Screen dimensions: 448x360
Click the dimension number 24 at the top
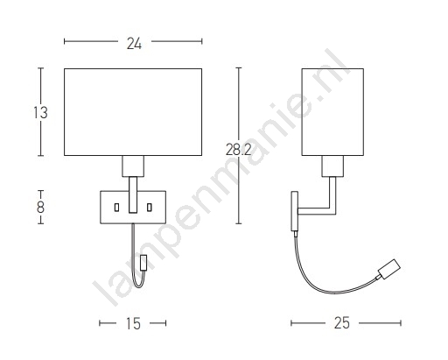(x=134, y=44)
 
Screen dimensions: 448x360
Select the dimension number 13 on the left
(x=40, y=113)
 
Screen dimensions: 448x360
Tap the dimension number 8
(x=40, y=208)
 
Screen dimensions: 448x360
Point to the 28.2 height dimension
(x=238, y=150)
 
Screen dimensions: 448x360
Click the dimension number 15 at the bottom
(x=133, y=323)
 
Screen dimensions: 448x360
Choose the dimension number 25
(x=341, y=323)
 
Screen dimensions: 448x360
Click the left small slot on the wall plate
(x=116, y=208)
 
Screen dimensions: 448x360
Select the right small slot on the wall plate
(x=150, y=208)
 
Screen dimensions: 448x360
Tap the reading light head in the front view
(x=143, y=263)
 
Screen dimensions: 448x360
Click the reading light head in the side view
(x=389, y=268)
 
